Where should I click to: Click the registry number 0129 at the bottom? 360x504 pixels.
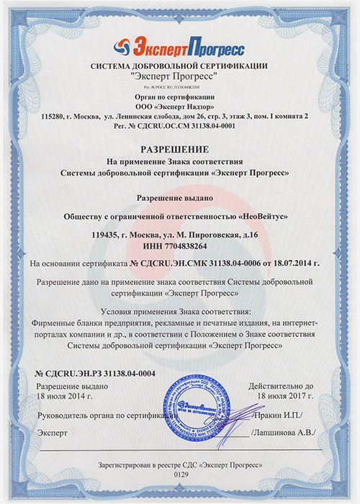180,477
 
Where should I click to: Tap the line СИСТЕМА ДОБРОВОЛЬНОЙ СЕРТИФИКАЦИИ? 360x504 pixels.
179,67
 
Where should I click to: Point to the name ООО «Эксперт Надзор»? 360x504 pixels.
179,105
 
